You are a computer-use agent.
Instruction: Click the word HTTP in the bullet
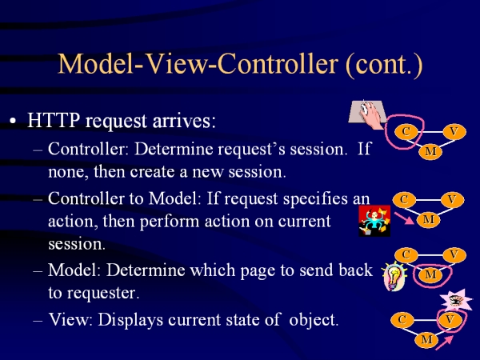(x=54, y=120)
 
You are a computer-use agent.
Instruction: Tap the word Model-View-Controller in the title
(x=198, y=64)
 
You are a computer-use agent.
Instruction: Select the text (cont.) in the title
(x=384, y=65)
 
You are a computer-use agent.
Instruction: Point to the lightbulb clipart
(x=393, y=277)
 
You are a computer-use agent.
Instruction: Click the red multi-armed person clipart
(x=374, y=221)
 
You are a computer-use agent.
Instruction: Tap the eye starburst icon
(x=456, y=300)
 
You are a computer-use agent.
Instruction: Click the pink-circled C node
(x=406, y=132)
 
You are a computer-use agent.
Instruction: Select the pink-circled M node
(x=430, y=274)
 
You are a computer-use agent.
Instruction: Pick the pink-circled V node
(x=450, y=319)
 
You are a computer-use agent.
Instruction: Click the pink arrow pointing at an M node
(x=404, y=218)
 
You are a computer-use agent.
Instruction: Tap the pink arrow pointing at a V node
(x=444, y=343)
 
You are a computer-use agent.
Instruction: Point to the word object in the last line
(x=314, y=320)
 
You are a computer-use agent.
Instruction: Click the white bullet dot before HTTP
(x=13, y=121)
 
